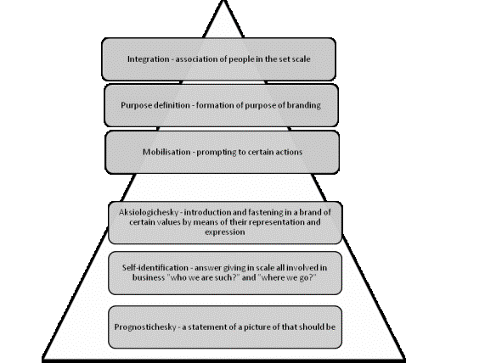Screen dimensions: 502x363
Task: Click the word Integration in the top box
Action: point(149,59)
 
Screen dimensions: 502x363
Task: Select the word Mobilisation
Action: point(166,152)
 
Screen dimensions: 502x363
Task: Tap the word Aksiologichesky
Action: point(149,213)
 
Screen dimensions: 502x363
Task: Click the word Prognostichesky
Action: point(145,327)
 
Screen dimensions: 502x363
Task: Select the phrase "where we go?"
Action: point(287,277)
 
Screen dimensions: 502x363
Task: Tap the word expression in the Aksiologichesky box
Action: point(225,232)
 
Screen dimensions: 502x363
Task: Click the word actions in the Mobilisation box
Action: point(290,152)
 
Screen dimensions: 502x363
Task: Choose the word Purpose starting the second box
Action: point(135,106)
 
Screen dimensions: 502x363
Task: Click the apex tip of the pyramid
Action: point(223,1)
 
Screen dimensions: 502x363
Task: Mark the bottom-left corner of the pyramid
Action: point(43,360)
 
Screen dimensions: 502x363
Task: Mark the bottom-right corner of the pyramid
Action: point(404,360)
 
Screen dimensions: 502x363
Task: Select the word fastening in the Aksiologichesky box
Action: point(263,213)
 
